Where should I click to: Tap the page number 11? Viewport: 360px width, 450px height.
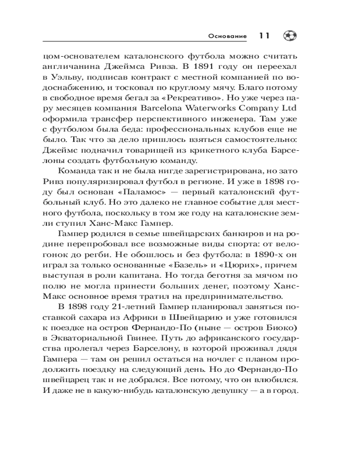(264, 36)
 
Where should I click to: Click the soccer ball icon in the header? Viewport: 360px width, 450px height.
(288, 35)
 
